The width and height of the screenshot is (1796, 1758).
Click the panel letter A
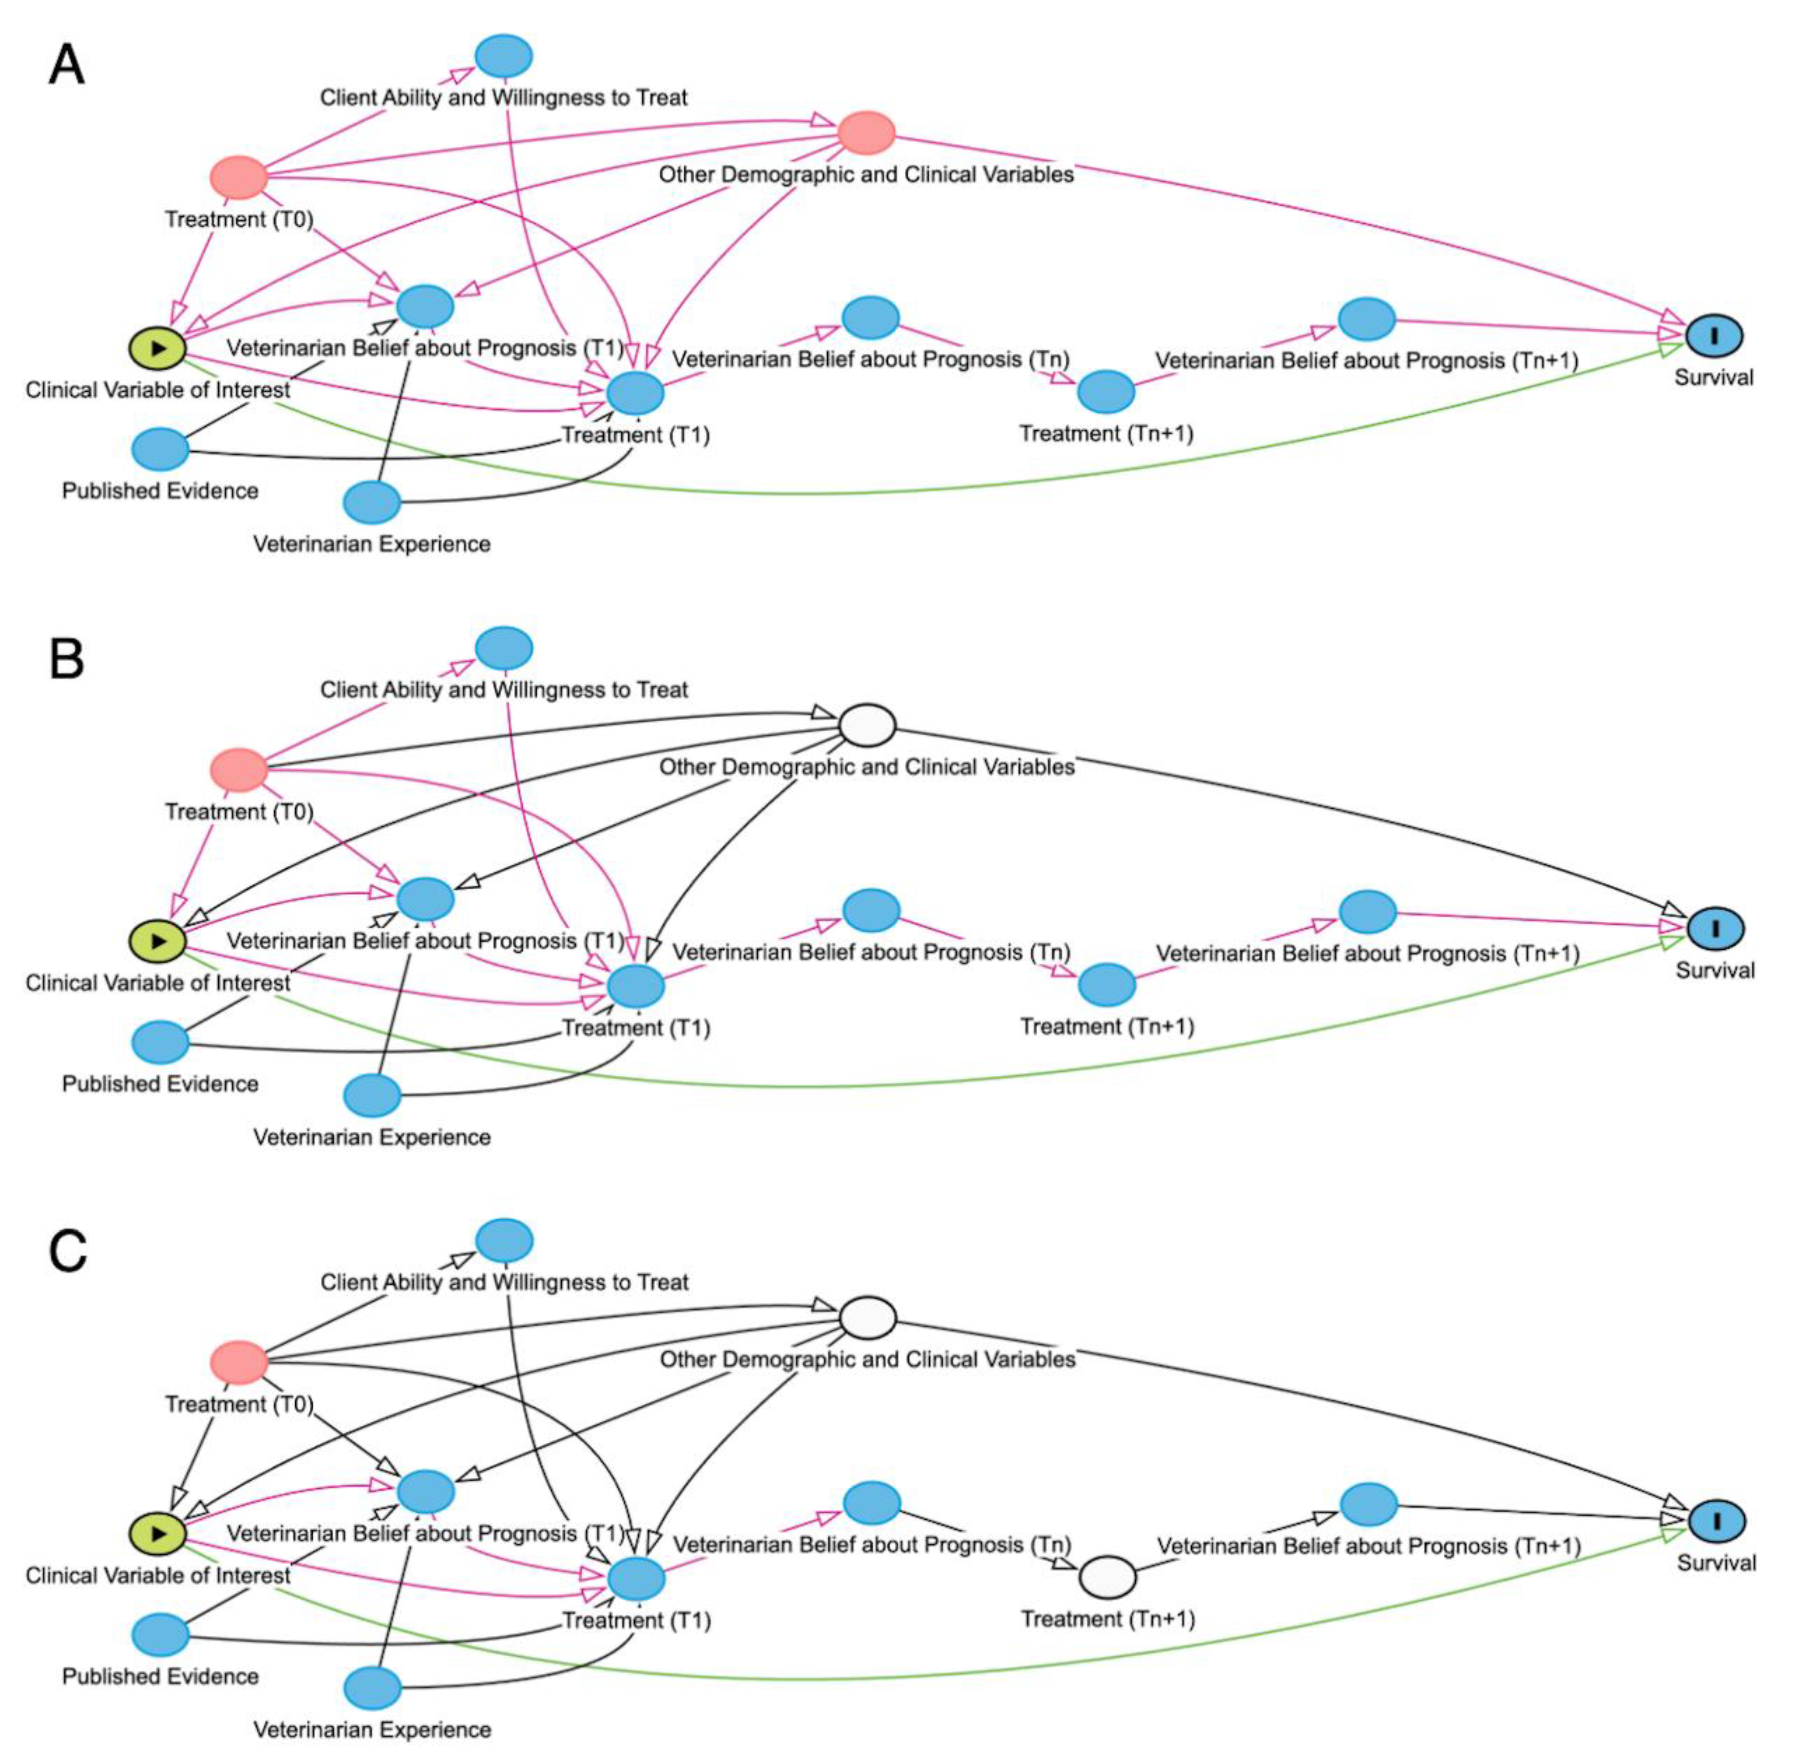pos(66,66)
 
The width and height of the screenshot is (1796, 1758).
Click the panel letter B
pos(66,659)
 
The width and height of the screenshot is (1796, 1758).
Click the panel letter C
pos(66,1252)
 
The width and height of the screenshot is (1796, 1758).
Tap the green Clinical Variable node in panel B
pos(157,941)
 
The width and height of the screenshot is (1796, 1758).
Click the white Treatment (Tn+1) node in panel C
pos(1107,1577)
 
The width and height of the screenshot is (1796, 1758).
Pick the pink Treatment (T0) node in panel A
pos(239,177)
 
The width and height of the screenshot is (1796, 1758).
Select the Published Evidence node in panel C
pos(161,1634)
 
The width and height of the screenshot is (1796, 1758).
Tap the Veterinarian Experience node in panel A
pos(372,502)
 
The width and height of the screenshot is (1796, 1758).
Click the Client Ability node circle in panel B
pos(504,648)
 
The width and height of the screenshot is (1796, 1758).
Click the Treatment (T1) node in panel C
pos(635,1579)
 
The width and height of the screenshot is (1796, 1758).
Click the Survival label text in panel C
pos(1716,1563)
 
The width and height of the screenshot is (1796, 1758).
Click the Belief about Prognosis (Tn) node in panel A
pos(870,318)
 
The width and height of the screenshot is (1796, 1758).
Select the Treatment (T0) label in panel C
pos(239,1404)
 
